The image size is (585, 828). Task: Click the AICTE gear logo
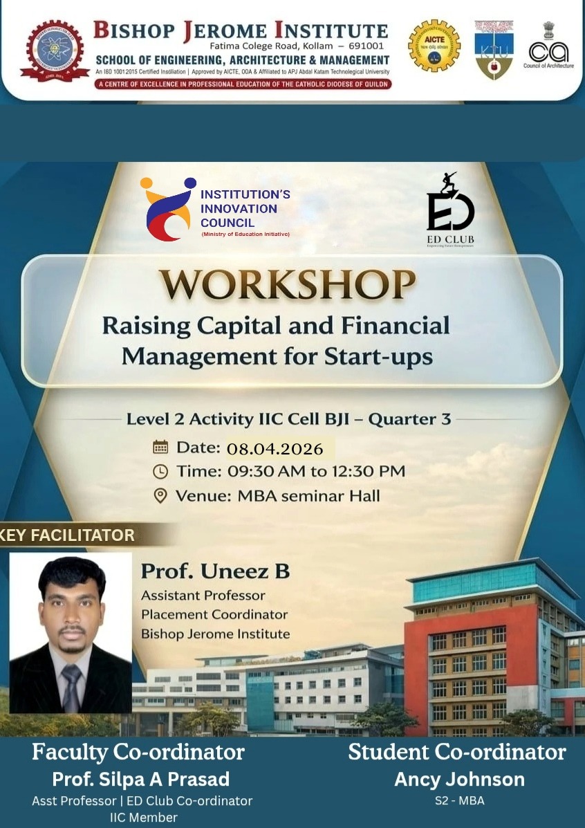(x=434, y=46)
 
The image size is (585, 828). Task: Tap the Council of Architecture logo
(x=550, y=46)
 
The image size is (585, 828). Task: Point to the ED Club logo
(x=450, y=210)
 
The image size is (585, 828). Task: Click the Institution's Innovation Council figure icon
(x=167, y=208)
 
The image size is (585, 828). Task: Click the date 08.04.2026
(x=275, y=449)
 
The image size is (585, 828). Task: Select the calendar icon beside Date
(x=160, y=447)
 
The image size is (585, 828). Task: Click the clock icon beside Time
(x=160, y=472)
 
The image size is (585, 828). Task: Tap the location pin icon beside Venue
(x=160, y=496)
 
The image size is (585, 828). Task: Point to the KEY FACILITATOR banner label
(x=68, y=535)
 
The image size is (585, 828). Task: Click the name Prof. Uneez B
(x=215, y=571)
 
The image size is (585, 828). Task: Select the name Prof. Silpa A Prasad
(x=141, y=779)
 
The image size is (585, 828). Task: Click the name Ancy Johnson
(x=459, y=779)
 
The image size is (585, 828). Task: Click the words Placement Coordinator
(x=214, y=614)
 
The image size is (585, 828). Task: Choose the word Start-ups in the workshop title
(x=378, y=357)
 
